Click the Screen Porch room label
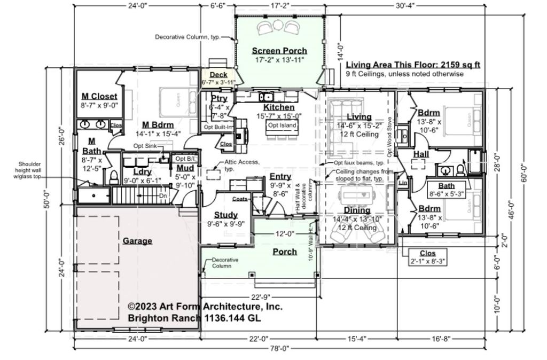click(x=279, y=51)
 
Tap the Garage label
click(x=137, y=241)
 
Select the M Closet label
click(x=99, y=96)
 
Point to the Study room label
click(x=225, y=215)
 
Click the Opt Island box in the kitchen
click(x=282, y=126)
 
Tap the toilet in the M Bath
click(x=114, y=177)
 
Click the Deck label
click(x=219, y=75)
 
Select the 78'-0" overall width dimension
click(x=279, y=348)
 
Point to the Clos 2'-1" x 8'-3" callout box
click(x=427, y=257)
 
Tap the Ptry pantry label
click(x=219, y=99)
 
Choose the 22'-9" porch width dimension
click(x=260, y=297)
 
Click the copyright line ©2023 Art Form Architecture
click(x=205, y=307)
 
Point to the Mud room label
click(x=185, y=169)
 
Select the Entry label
click(x=280, y=177)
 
